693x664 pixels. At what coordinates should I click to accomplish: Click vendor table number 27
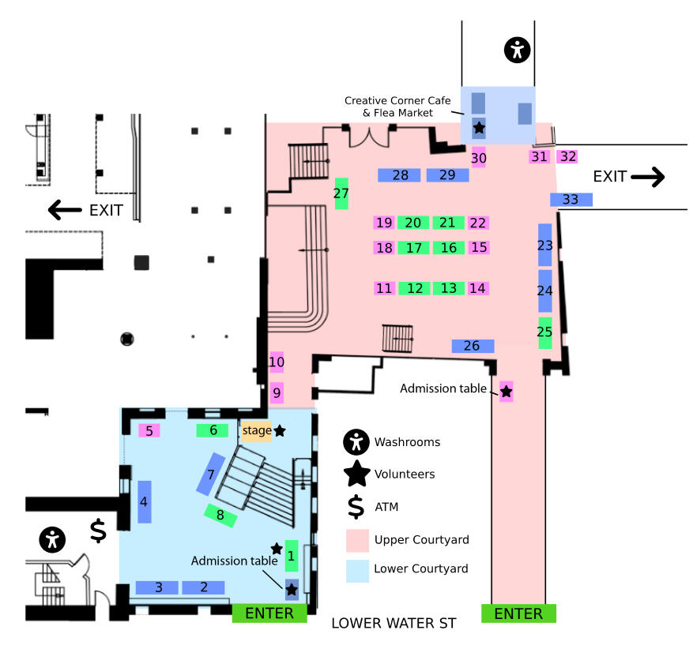[x=341, y=193]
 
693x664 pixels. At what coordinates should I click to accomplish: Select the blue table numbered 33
[x=571, y=200]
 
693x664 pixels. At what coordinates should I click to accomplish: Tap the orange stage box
[x=257, y=430]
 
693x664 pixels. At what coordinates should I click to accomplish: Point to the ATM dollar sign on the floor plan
[x=98, y=531]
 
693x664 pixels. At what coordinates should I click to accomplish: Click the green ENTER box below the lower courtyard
[x=269, y=613]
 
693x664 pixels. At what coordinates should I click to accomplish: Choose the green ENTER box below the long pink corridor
[x=518, y=613]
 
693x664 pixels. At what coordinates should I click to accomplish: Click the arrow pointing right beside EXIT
[x=648, y=177]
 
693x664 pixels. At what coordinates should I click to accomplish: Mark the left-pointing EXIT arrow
[x=65, y=210]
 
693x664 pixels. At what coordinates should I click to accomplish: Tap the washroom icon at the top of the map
[x=517, y=50]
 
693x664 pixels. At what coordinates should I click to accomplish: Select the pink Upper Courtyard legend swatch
[x=357, y=540]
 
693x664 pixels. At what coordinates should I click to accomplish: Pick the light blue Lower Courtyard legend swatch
[x=357, y=572]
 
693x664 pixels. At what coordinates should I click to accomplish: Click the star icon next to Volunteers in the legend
[x=357, y=473]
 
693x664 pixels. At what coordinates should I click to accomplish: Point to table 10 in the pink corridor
[x=277, y=362]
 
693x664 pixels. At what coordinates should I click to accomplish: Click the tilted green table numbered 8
[x=220, y=516]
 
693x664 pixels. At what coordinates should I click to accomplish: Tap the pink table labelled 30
[x=479, y=158]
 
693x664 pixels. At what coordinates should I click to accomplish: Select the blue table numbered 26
[x=473, y=346]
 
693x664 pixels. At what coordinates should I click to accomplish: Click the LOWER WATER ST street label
[x=394, y=623]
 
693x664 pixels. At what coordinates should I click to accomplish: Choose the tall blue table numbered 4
[x=145, y=502]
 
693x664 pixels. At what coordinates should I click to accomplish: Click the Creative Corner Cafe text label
[x=397, y=100]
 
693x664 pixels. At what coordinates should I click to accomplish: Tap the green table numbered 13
[x=449, y=288]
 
